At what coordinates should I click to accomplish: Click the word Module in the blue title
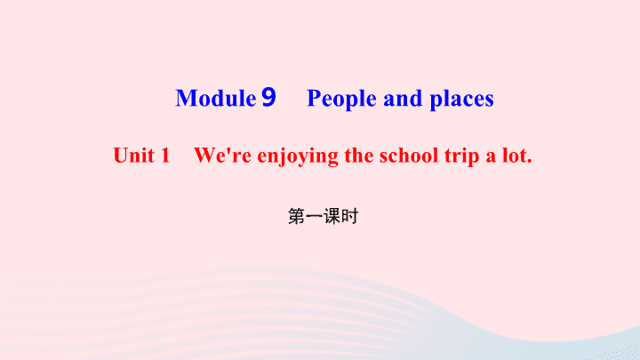[x=215, y=98]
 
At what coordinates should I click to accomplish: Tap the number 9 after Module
[x=268, y=97]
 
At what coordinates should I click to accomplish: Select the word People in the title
[x=341, y=100]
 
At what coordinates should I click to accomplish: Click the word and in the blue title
[x=403, y=99]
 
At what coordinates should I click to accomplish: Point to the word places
[x=461, y=100]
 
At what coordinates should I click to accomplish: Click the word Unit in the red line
[x=133, y=156]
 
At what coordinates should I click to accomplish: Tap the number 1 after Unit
[x=165, y=156]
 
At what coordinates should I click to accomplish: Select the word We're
[x=222, y=156]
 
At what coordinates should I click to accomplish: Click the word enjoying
[x=298, y=156]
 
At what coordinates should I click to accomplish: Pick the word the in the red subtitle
[x=359, y=155]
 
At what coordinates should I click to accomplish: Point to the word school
[x=409, y=155]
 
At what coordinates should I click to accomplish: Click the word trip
[x=461, y=156]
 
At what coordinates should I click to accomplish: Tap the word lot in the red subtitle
[x=514, y=156]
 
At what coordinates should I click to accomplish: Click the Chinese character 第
[x=297, y=216]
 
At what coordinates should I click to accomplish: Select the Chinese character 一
[x=314, y=217]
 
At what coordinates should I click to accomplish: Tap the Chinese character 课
[x=332, y=216]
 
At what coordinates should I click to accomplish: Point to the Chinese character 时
[x=349, y=216]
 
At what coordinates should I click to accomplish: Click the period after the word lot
[x=530, y=162]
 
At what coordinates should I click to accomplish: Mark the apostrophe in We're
[x=228, y=150]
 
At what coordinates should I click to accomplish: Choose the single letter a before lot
[x=491, y=158]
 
